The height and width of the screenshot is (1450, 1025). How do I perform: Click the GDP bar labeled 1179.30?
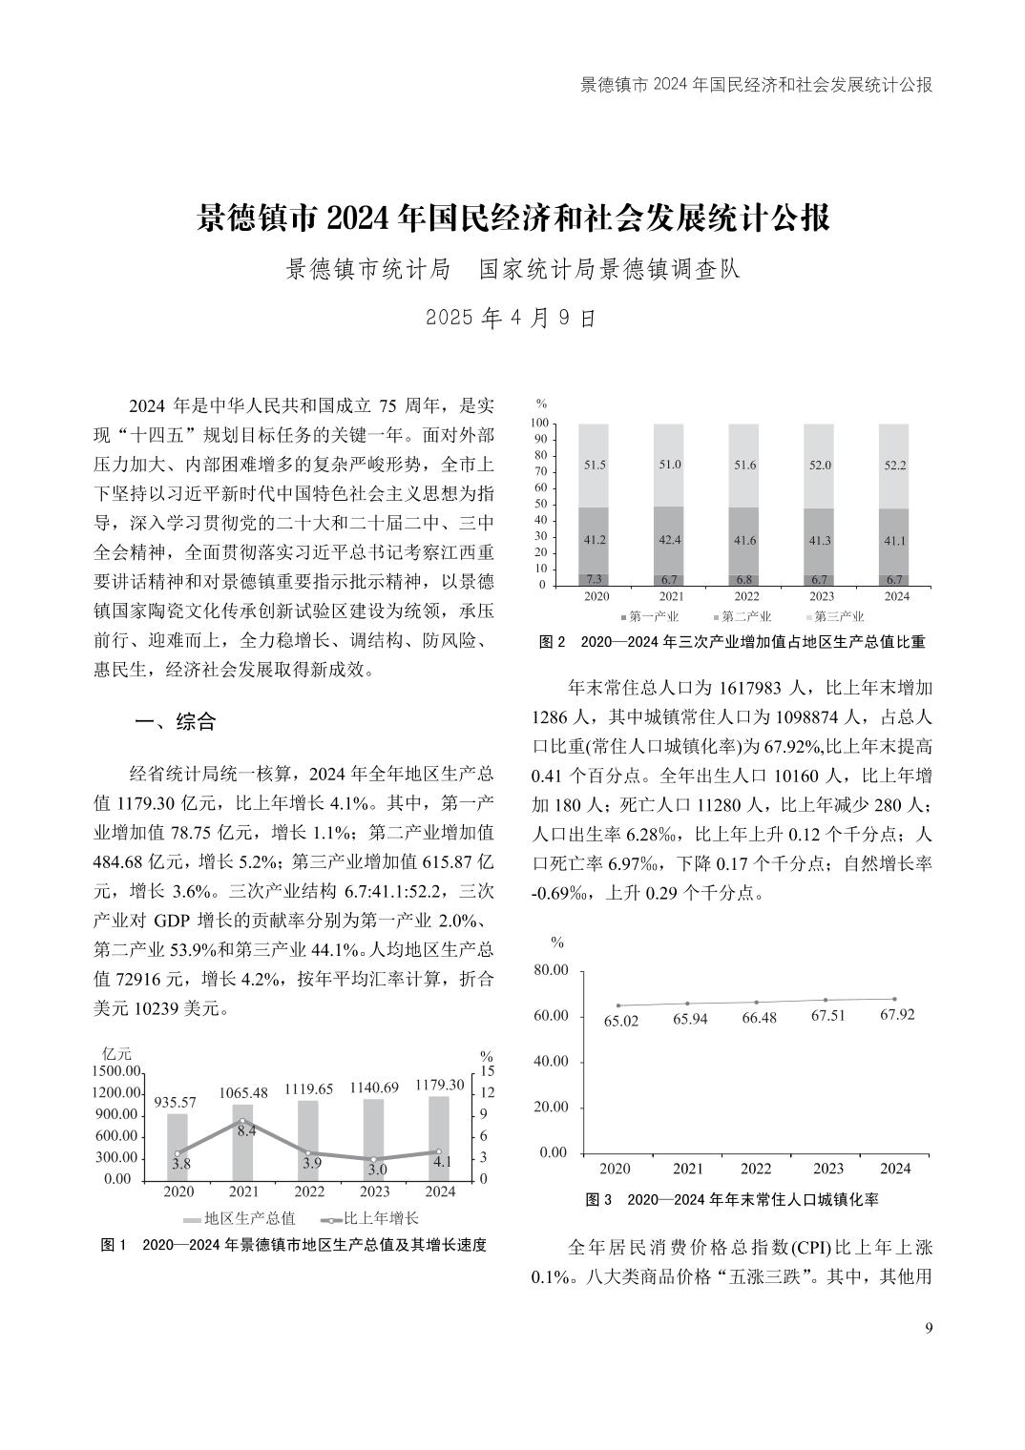click(439, 1137)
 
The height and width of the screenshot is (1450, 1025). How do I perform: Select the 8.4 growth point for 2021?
click(242, 1121)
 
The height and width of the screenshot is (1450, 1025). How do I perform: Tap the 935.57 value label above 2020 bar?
click(175, 1102)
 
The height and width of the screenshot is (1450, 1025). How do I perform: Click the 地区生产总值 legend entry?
click(240, 1218)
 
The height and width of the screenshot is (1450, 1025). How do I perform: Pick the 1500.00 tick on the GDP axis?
click(118, 1072)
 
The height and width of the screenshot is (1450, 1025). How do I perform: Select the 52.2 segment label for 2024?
click(896, 465)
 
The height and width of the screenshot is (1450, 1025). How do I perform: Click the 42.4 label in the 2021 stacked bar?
click(670, 540)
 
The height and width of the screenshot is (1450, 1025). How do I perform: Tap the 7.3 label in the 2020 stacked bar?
click(595, 579)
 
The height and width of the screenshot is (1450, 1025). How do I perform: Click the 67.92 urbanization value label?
click(896, 1014)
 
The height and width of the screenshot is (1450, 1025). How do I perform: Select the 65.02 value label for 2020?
click(621, 1021)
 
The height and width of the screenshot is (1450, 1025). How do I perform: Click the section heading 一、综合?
click(175, 722)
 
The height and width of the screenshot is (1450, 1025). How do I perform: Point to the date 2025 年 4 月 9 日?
click(512, 318)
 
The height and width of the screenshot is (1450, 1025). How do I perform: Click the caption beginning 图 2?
click(731, 642)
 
